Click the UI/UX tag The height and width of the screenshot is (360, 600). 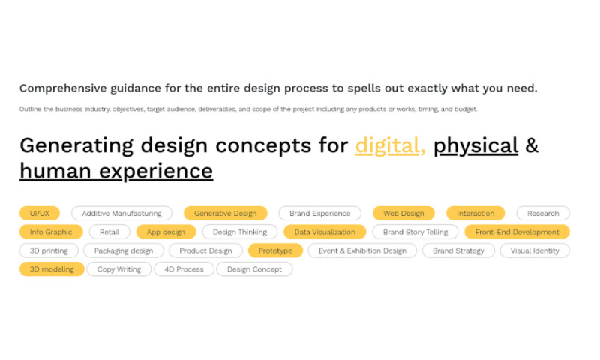[40, 214]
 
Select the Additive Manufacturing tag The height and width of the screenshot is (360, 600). [121, 214]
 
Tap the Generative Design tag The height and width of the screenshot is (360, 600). [225, 214]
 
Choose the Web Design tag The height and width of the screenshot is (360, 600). [403, 214]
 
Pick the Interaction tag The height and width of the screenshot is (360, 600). [475, 214]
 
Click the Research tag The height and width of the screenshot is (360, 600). [543, 214]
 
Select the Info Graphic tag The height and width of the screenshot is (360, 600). [51, 232]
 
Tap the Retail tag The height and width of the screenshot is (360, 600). [109, 232]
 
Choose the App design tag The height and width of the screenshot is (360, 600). [166, 232]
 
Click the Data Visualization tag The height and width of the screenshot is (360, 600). [325, 232]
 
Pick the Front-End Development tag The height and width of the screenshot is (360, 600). [517, 232]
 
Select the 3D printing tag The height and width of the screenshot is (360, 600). [49, 250]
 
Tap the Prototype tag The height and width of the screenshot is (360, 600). [275, 250]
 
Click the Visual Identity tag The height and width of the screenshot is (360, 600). [535, 250]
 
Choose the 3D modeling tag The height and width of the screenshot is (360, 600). [52, 269]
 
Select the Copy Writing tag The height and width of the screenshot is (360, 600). [119, 269]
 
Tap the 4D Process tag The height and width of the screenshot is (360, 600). [184, 269]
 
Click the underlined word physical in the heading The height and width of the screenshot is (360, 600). [476, 145]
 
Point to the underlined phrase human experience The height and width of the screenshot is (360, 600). [116, 171]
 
